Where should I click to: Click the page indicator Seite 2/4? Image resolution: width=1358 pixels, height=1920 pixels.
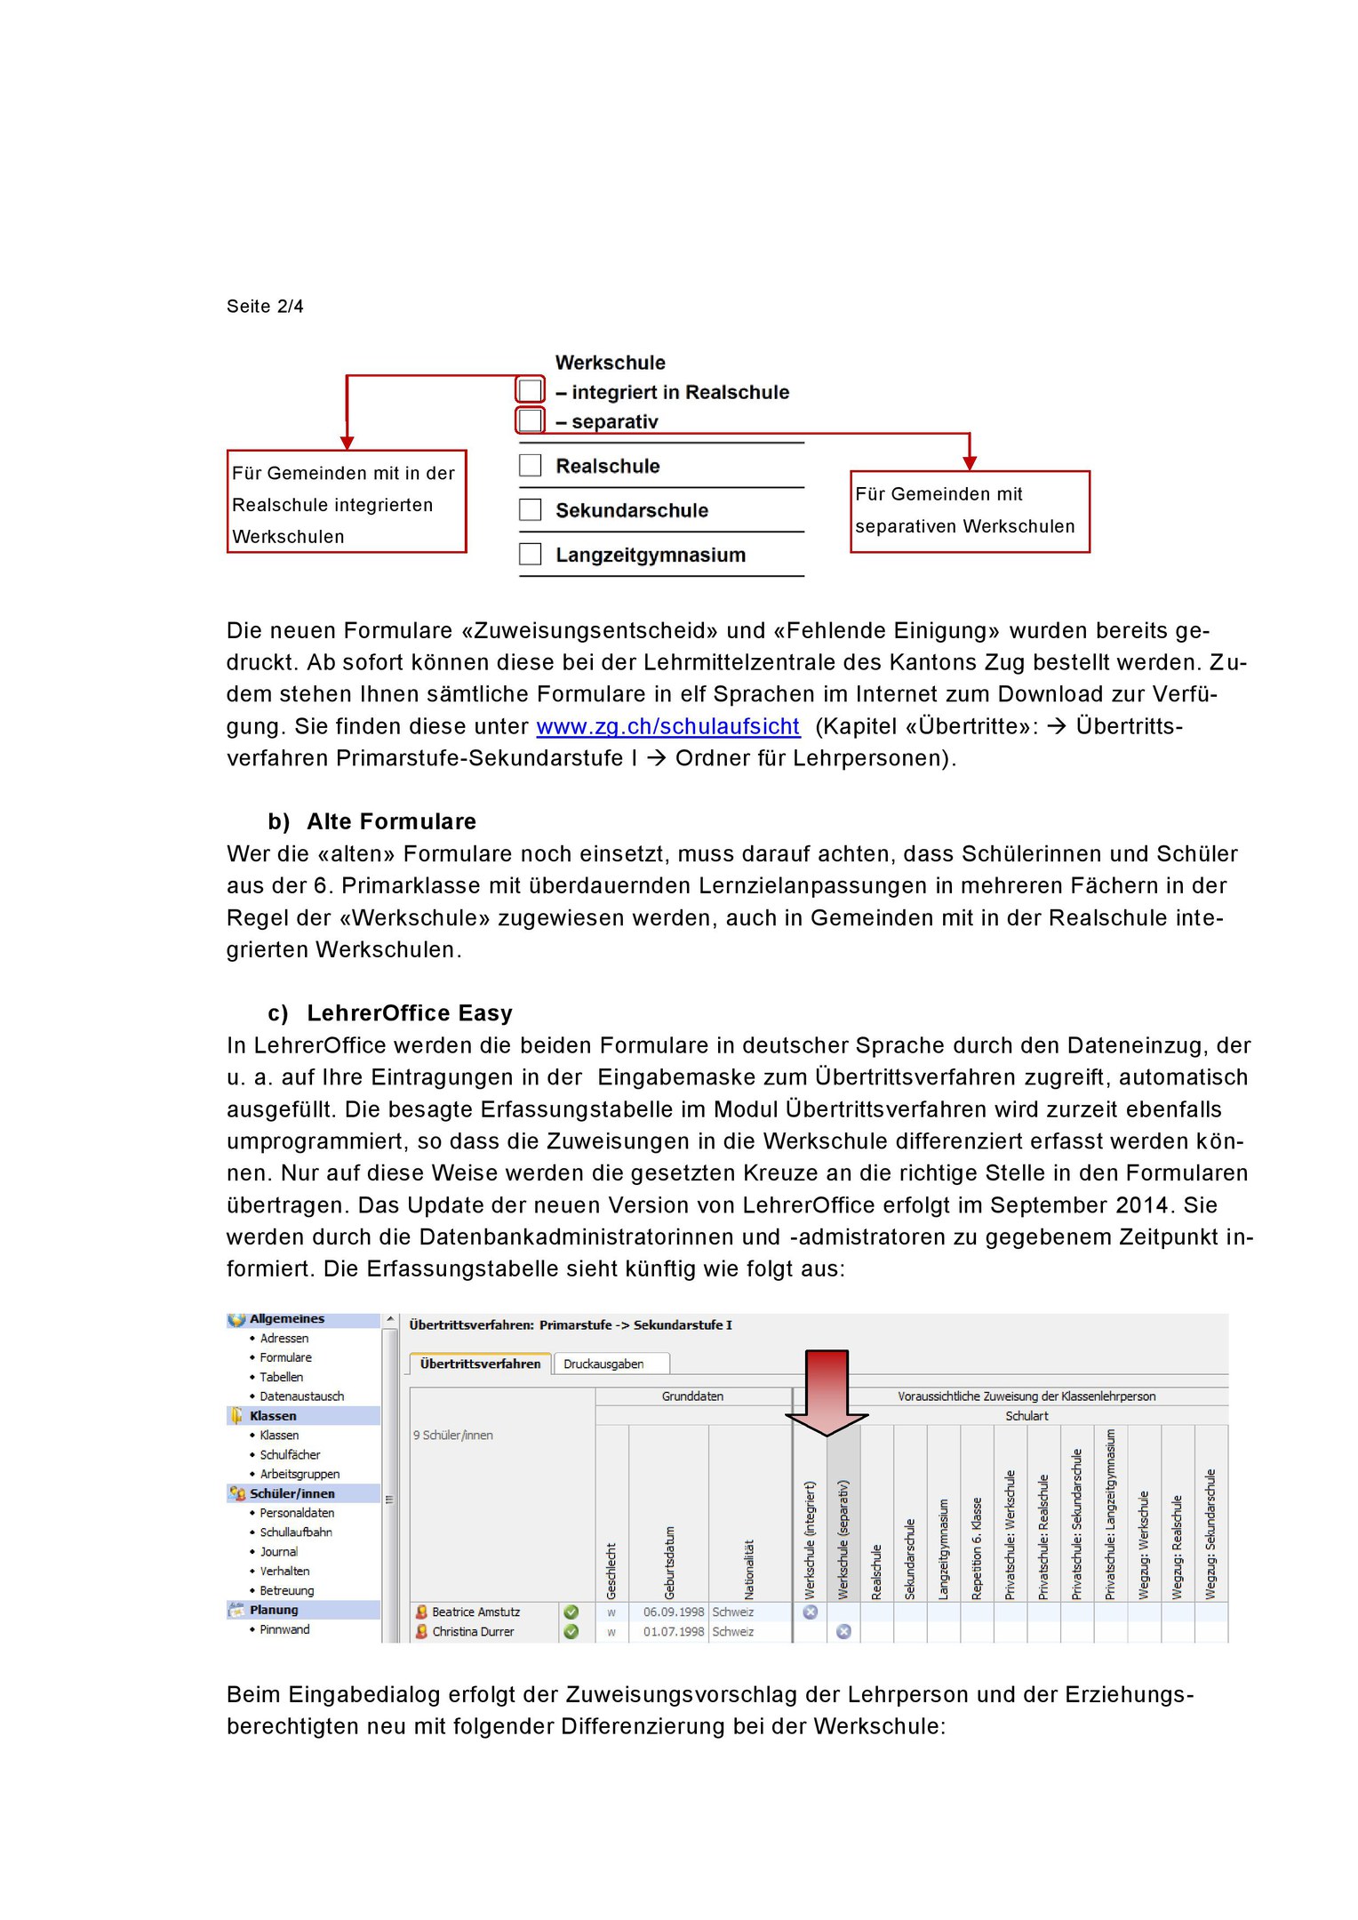point(265,307)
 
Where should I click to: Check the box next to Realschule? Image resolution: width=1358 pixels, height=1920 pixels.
point(531,466)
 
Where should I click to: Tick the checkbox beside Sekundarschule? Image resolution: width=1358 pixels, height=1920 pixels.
point(531,509)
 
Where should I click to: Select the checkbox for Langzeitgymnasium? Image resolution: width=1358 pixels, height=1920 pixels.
point(531,554)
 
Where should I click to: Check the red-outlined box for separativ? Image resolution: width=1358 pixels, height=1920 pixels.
point(531,420)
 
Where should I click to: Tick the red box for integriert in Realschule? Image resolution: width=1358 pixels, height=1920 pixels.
point(531,390)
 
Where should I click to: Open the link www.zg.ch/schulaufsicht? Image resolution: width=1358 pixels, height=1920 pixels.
point(667,727)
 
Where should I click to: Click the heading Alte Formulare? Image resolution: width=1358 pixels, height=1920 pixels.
point(391,821)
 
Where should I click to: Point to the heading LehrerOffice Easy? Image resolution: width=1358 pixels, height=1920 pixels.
point(410,1013)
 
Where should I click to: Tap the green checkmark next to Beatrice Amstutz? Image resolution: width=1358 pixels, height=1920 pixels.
point(571,1612)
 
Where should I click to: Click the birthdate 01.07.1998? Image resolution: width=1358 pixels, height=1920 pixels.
point(673,1631)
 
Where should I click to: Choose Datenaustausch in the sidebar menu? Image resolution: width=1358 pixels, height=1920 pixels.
point(301,1396)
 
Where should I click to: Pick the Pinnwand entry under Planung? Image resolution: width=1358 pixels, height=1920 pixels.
point(284,1629)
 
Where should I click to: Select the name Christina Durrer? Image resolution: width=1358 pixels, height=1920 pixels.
point(473,1631)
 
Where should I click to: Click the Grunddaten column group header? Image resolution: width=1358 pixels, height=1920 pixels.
point(692,1396)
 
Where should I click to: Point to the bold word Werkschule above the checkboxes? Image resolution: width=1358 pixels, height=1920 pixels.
point(611,363)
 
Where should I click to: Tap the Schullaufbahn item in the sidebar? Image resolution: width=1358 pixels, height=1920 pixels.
point(296,1532)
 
